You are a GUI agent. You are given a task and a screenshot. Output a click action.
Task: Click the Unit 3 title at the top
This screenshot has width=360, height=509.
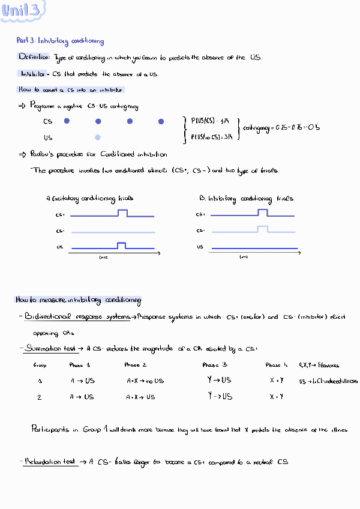click(23, 11)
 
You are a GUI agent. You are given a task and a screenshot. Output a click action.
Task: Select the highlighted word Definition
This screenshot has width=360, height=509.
click(34, 56)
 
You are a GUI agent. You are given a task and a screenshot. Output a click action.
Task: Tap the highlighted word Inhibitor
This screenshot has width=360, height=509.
click(32, 74)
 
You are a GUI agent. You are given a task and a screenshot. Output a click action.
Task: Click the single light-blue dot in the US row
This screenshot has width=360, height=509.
click(98, 137)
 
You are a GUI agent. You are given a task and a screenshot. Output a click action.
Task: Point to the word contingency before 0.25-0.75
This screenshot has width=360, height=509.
click(255, 127)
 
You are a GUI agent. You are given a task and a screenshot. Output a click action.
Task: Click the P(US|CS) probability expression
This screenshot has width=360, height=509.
click(203, 120)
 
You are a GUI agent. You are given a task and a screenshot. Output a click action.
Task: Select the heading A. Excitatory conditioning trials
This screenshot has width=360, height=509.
click(89, 198)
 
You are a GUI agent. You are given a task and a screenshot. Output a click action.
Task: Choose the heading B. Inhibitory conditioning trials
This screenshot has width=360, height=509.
click(246, 198)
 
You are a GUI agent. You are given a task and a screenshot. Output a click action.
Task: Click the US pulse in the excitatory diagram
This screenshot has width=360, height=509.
click(122, 245)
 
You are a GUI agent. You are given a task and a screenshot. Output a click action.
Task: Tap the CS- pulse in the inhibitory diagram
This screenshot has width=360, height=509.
click(262, 229)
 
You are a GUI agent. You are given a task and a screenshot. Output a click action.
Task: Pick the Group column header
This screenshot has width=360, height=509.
click(40, 365)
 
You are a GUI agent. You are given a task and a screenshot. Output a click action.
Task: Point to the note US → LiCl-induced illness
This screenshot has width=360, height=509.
click(328, 381)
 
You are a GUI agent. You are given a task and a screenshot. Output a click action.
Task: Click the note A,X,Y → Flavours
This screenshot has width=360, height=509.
click(319, 365)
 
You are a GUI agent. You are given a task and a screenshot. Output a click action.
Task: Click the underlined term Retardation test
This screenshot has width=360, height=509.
click(52, 462)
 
